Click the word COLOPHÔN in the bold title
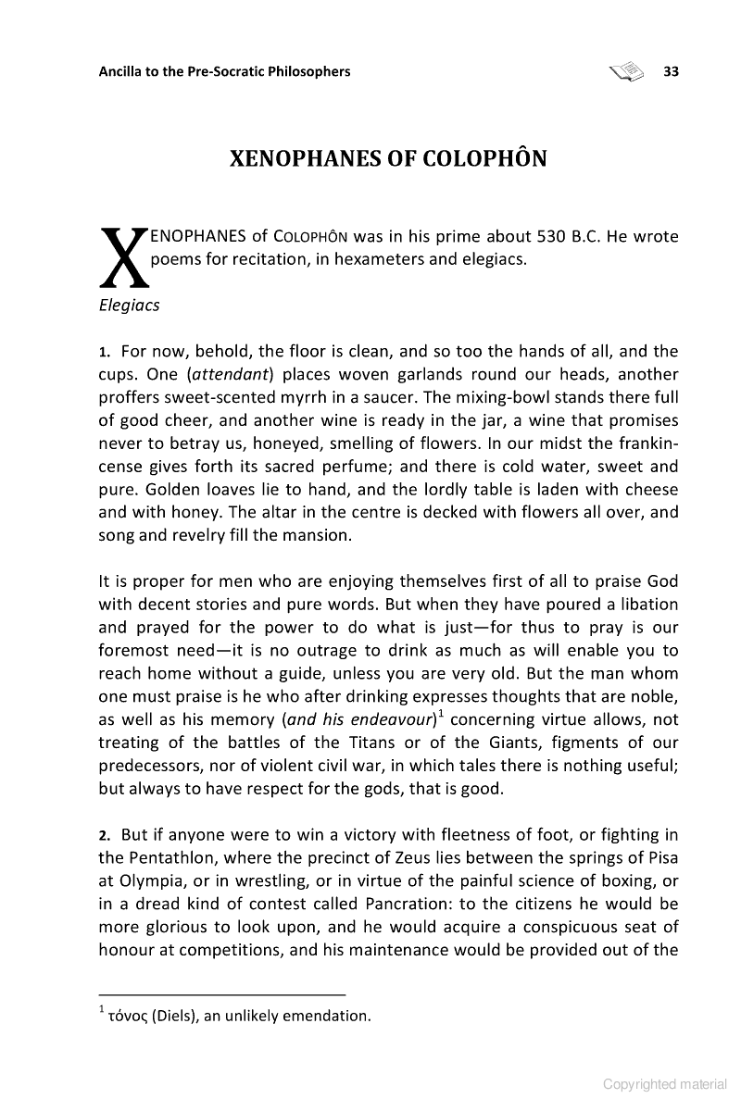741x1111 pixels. point(485,159)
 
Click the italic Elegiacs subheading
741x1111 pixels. point(129,306)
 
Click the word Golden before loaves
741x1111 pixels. point(129,489)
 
